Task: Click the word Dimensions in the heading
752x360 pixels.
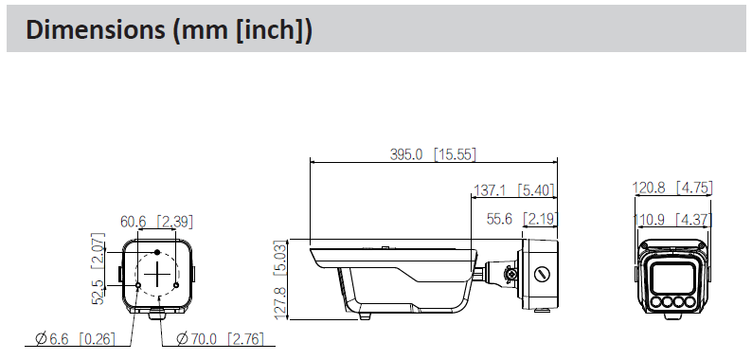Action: click(95, 29)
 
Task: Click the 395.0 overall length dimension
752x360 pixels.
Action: click(406, 154)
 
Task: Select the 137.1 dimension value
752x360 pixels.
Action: click(490, 190)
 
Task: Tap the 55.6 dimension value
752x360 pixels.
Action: click(499, 220)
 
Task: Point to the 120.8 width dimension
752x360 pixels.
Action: click(649, 188)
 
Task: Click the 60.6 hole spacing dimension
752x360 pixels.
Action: click(134, 222)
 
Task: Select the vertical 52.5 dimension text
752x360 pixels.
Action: click(98, 293)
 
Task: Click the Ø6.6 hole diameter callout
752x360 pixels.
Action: click(52, 339)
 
